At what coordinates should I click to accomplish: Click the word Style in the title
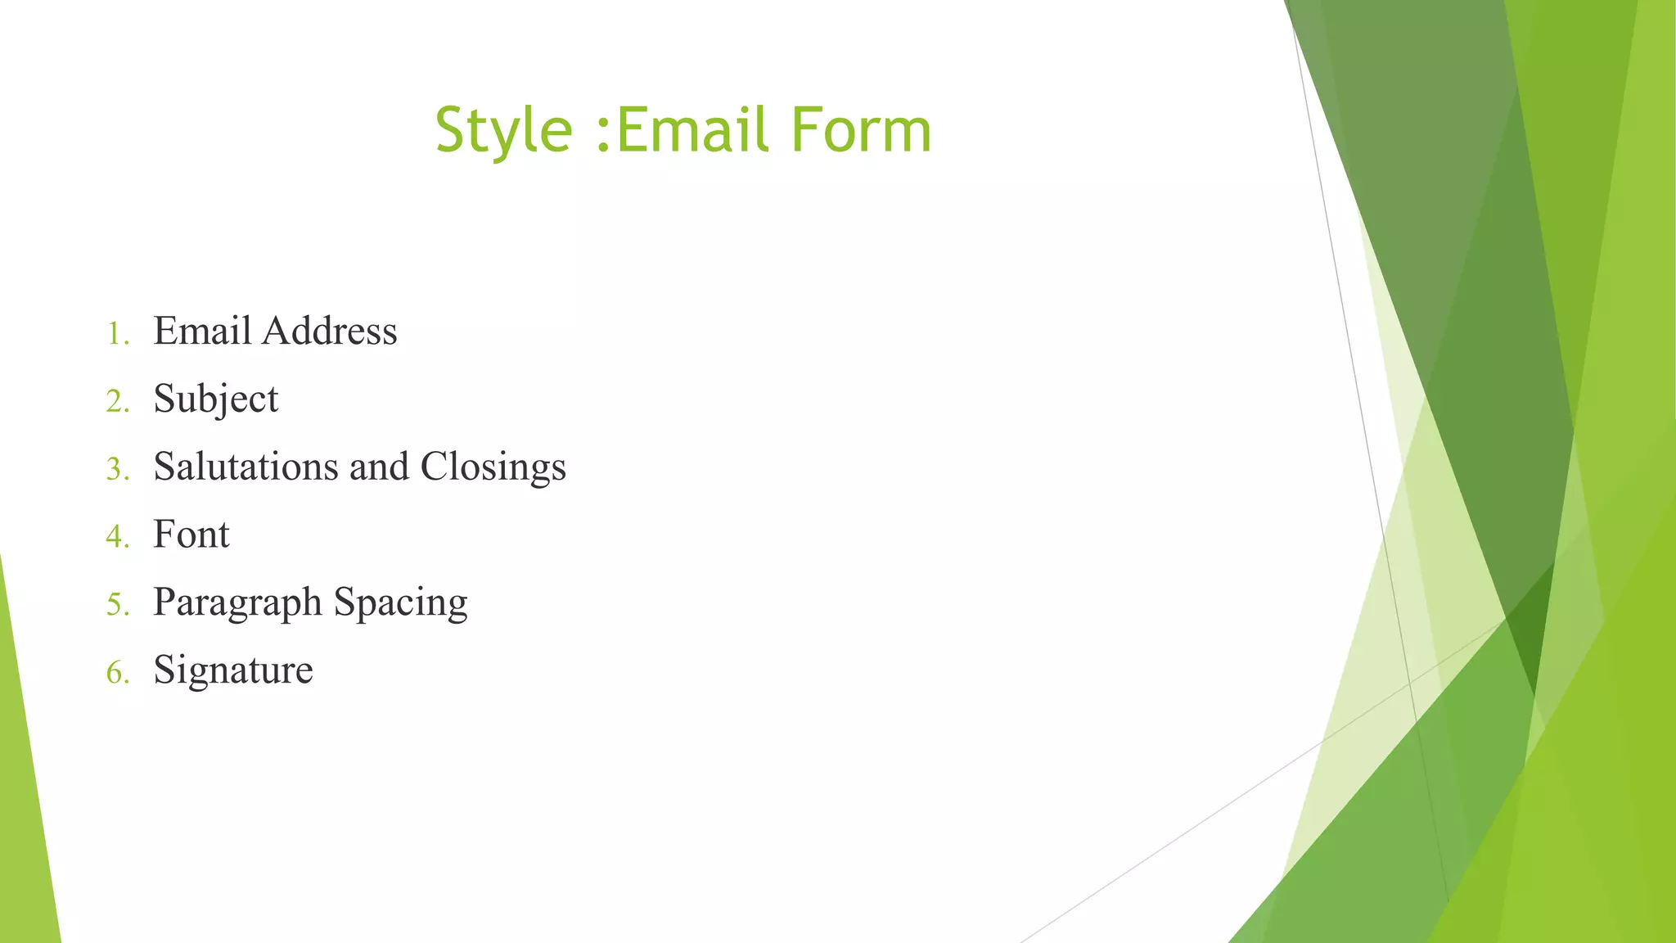coord(503,131)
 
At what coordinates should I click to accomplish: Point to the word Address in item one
coord(330,332)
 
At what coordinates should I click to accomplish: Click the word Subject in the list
coord(216,399)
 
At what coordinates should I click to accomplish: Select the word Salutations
coord(246,467)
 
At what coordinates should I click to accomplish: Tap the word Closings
coord(493,467)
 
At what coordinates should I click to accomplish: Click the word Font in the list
coord(191,535)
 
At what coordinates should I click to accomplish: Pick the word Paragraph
coord(237,603)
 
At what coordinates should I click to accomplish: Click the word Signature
coord(233,670)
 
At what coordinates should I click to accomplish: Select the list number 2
coord(115,402)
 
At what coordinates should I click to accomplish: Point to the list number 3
coord(115,470)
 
